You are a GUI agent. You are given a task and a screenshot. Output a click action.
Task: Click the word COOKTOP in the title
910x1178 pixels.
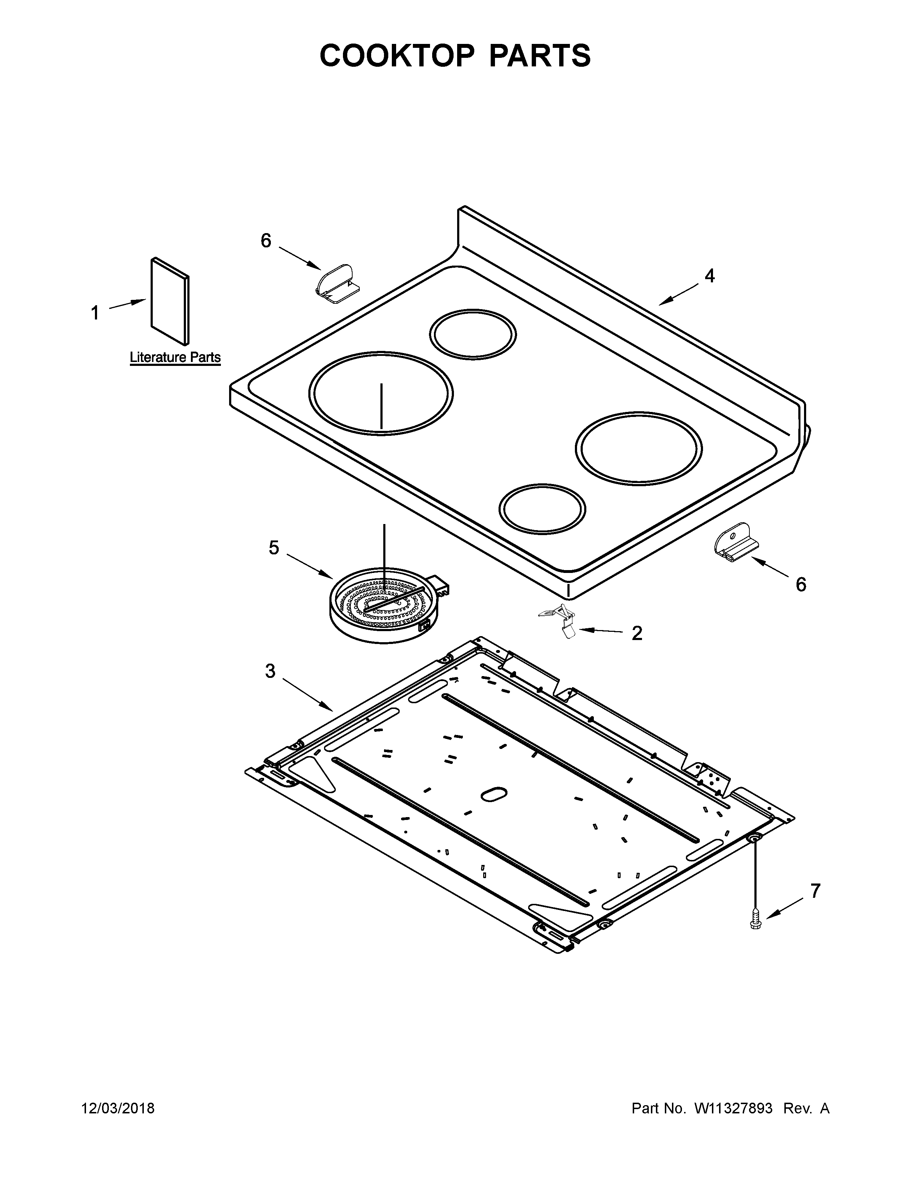[x=397, y=56]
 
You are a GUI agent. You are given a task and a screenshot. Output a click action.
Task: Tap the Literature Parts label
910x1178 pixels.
[x=175, y=357]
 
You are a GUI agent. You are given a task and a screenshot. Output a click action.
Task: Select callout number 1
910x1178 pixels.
[x=95, y=312]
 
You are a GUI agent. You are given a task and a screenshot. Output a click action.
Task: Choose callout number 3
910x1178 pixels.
[x=270, y=671]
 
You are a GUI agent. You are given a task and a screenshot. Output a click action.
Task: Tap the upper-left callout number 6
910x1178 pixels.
[x=266, y=241]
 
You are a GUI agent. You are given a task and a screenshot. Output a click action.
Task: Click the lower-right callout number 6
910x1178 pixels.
[x=801, y=584]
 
